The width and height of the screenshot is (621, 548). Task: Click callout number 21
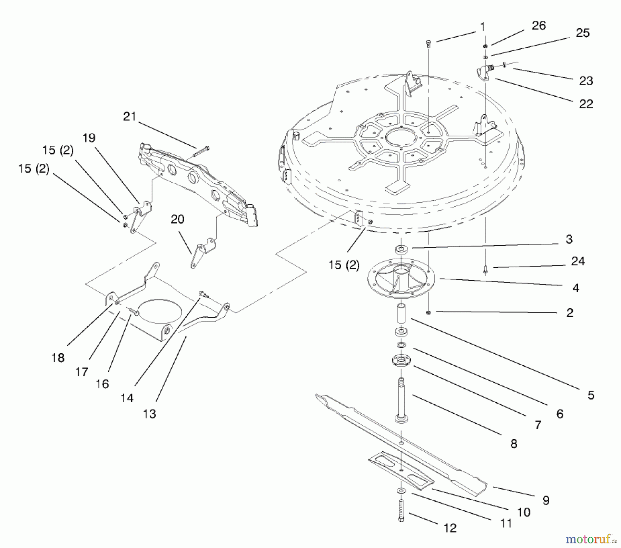(130, 117)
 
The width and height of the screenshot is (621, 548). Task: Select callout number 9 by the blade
(546, 500)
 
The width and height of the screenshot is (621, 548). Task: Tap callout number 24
(578, 261)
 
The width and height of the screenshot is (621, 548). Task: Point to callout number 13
(149, 414)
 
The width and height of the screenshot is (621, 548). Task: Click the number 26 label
(539, 26)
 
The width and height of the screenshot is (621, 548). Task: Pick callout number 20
(177, 219)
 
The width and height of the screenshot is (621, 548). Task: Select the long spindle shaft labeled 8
(401, 401)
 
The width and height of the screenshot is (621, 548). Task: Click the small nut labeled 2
(428, 313)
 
